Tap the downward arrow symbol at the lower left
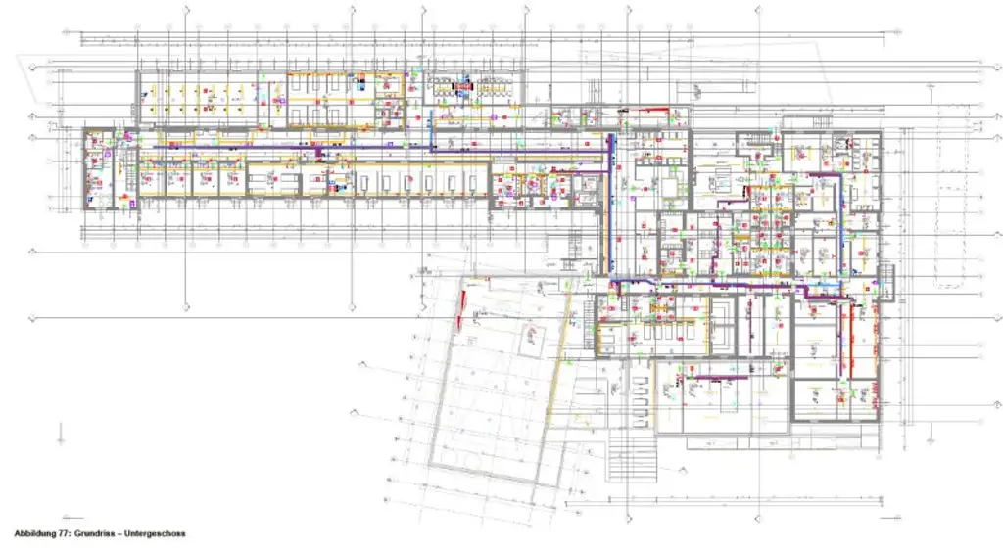[x=62, y=432]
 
